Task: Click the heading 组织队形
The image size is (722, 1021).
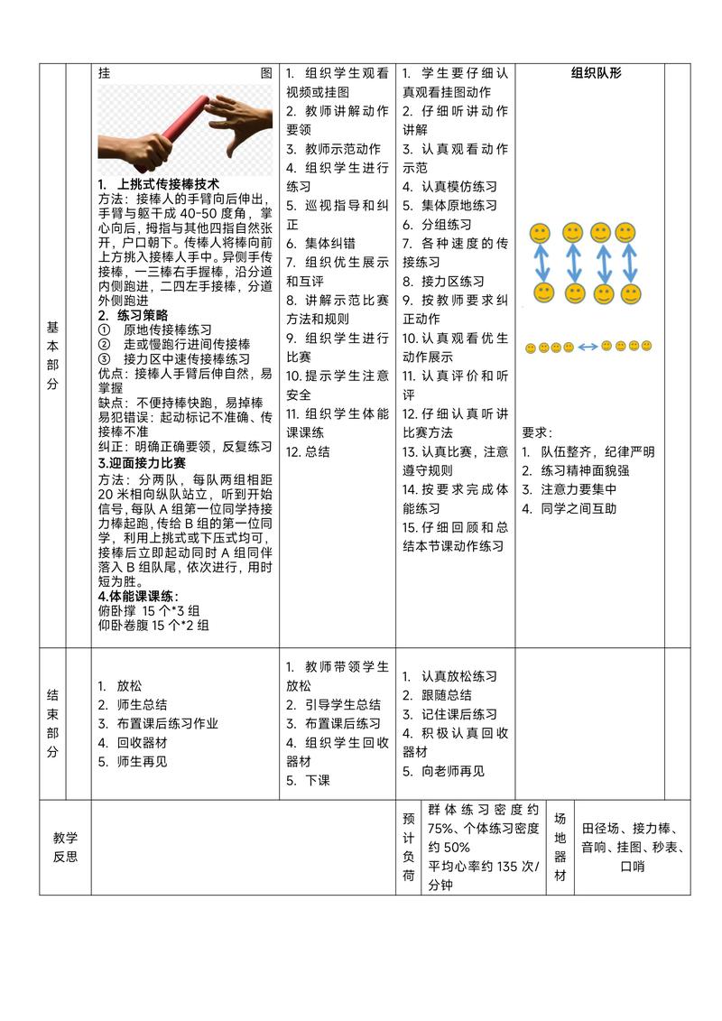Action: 596,73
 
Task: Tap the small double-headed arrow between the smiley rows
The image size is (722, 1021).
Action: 588,346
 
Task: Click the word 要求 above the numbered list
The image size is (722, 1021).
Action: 538,432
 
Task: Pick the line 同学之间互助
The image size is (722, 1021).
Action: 579,508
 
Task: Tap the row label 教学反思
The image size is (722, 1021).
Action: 65,847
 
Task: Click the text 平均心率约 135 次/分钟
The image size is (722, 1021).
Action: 482,875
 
